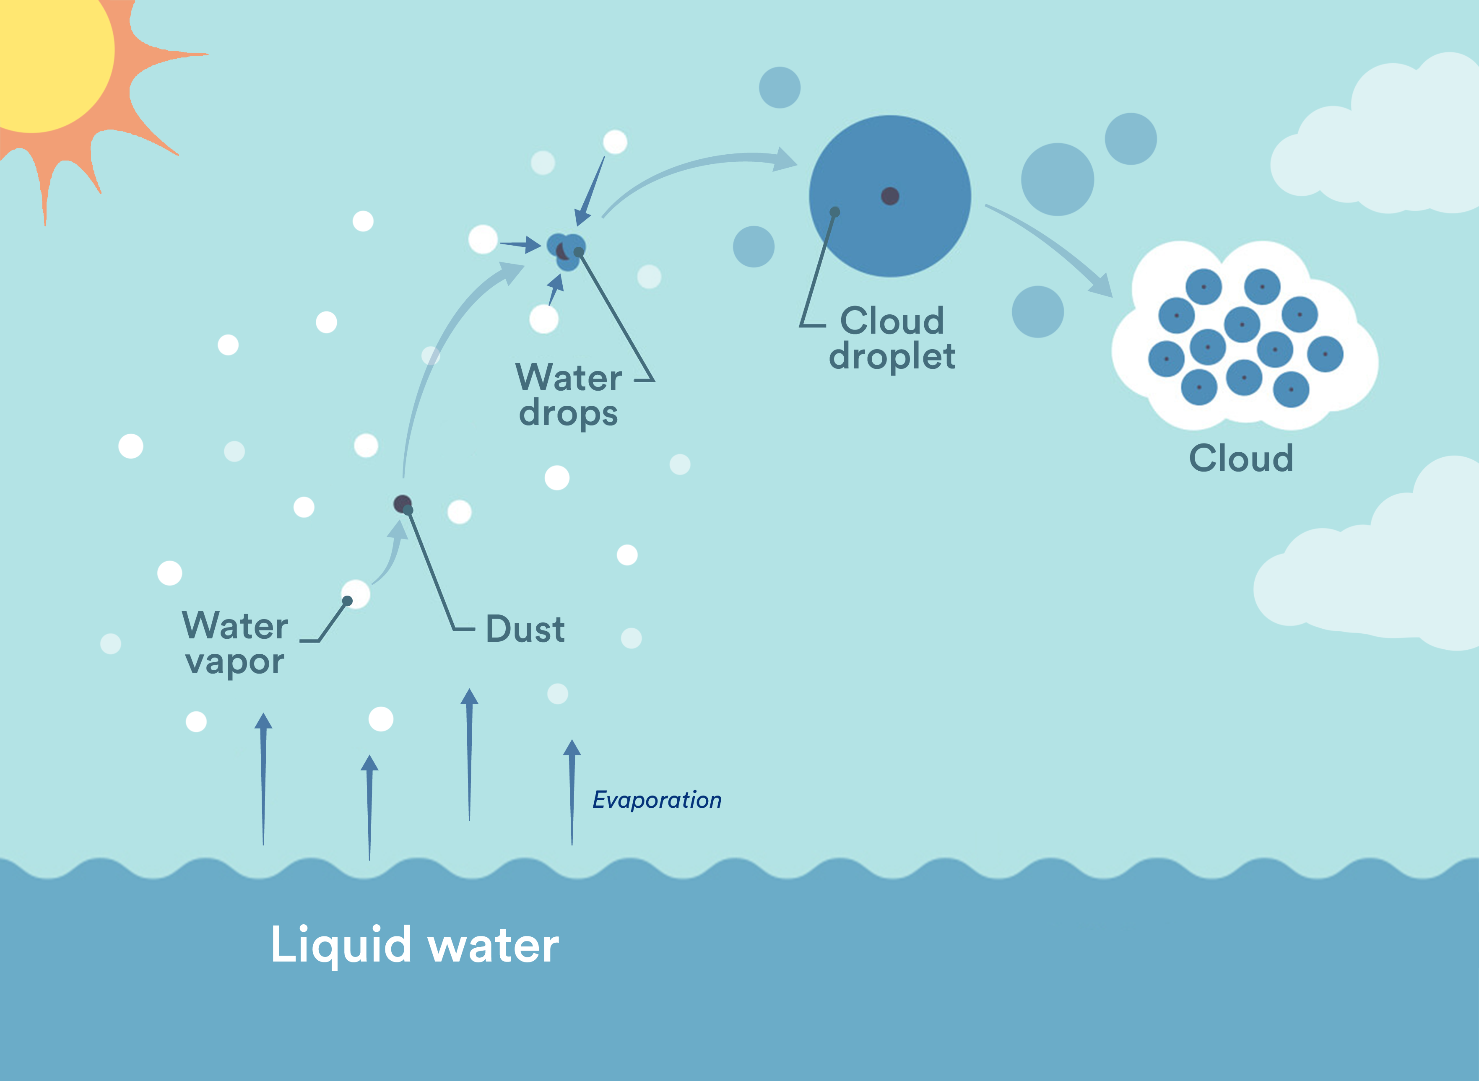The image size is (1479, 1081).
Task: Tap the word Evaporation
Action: pos(657,800)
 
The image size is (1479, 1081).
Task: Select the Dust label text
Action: pos(525,630)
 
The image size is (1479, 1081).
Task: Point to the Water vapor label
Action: pos(234,643)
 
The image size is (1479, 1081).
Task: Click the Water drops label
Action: pos(568,395)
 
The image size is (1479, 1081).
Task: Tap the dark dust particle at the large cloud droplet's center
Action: pos(890,196)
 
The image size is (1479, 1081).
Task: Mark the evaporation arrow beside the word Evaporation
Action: pos(572,792)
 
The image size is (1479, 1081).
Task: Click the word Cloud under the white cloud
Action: pos(1241,458)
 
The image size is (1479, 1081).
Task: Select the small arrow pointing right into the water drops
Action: pos(520,245)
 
